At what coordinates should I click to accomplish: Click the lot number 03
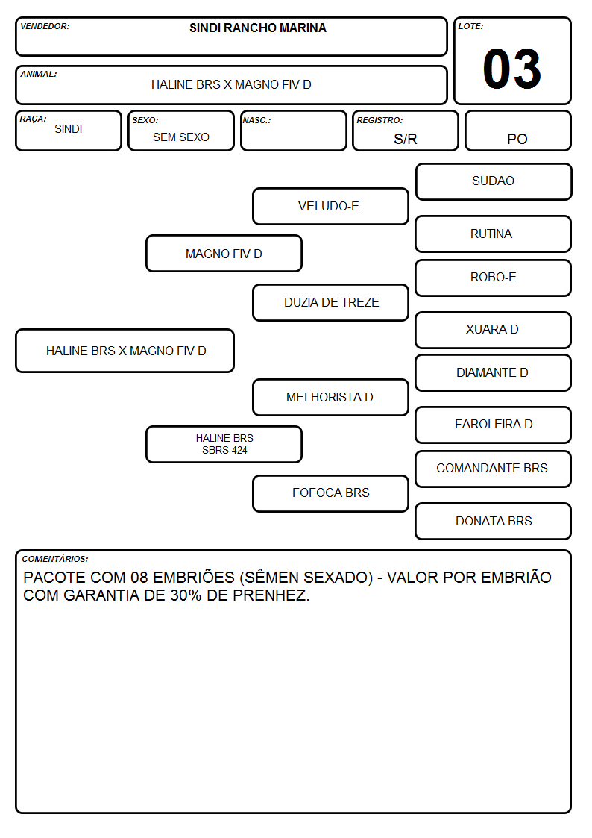(x=511, y=69)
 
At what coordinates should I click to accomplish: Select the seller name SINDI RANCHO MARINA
(x=258, y=28)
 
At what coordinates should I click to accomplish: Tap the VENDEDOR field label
(x=45, y=26)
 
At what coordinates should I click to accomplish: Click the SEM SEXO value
(x=181, y=137)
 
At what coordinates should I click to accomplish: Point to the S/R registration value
(x=405, y=139)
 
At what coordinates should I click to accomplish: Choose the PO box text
(x=517, y=139)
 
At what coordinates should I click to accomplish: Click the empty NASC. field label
(x=256, y=120)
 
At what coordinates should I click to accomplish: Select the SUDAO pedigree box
(x=494, y=182)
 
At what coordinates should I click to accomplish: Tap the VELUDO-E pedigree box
(x=330, y=206)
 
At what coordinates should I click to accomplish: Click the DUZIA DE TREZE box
(x=330, y=302)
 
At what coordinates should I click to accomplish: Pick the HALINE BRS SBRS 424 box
(x=224, y=444)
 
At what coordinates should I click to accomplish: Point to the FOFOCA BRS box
(x=330, y=493)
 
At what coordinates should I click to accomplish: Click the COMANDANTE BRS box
(x=494, y=469)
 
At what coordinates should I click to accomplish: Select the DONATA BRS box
(x=494, y=521)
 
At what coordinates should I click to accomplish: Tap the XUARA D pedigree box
(x=494, y=330)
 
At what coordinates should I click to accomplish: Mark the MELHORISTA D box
(x=330, y=397)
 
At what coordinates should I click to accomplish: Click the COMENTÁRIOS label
(x=55, y=559)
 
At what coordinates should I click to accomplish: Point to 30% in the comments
(x=186, y=595)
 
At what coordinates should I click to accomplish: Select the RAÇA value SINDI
(x=69, y=129)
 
